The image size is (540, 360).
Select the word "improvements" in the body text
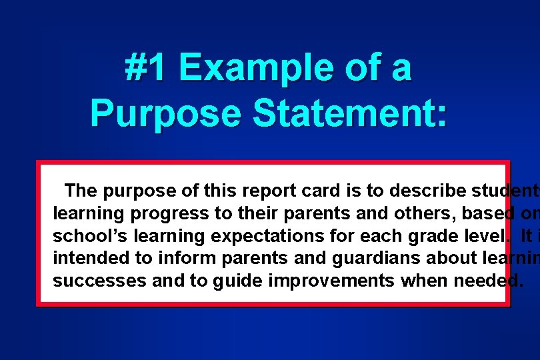[x=331, y=280]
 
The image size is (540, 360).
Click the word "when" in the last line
[x=423, y=280]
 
